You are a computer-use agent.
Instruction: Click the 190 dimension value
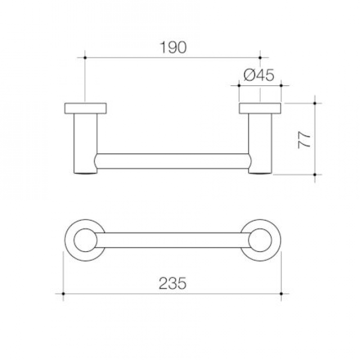(x=173, y=48)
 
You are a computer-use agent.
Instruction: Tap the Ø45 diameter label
(x=259, y=75)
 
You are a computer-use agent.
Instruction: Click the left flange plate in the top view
(x=85, y=108)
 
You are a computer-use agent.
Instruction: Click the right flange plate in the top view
(x=260, y=108)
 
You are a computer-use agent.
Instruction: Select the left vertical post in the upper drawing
(x=85, y=144)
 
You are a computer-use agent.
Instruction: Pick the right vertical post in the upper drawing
(x=260, y=144)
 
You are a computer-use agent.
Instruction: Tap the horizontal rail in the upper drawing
(x=173, y=161)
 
